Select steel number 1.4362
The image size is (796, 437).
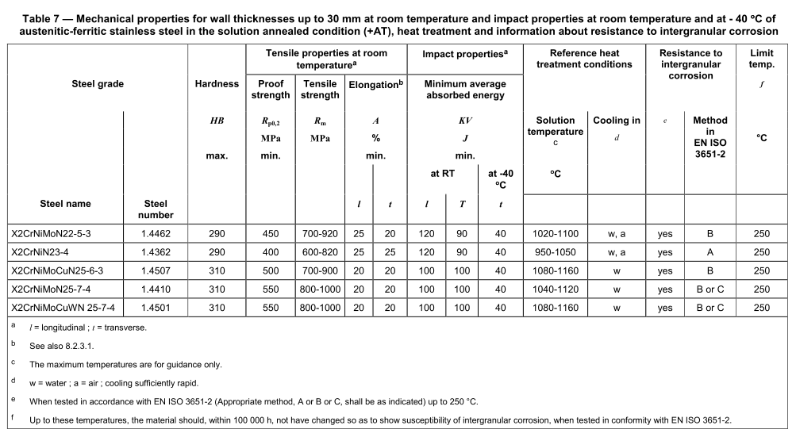[x=156, y=252]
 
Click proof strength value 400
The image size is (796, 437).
[x=270, y=252]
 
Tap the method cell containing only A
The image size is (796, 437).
[x=709, y=252]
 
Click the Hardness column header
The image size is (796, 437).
[x=217, y=84]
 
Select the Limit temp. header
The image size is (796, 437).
[x=761, y=59]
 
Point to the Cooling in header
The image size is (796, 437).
[x=616, y=121]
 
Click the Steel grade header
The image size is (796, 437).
[x=98, y=84]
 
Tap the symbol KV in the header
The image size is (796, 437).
[x=464, y=121]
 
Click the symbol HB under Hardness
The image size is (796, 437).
[x=217, y=121]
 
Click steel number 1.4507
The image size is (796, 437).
[x=156, y=270]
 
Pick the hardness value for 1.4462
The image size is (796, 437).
[x=217, y=234]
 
